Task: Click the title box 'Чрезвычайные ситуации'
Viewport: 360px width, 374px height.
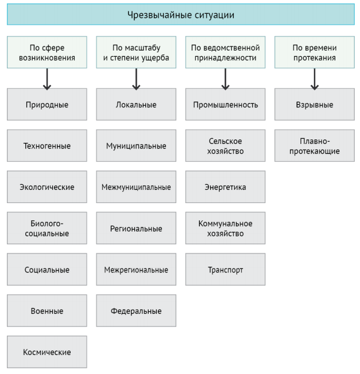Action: [x=181, y=14]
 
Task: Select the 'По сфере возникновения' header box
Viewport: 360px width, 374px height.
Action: [x=47, y=52]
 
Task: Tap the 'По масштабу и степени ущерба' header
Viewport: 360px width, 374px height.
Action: [x=136, y=52]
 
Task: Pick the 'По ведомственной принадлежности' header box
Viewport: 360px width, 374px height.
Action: [x=225, y=52]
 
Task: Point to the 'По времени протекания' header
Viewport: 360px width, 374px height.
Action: [x=315, y=52]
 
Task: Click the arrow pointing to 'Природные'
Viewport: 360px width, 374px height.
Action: [x=47, y=79]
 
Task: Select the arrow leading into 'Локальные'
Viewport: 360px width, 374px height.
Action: [x=136, y=79]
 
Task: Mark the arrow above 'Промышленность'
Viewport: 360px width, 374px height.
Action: [x=225, y=79]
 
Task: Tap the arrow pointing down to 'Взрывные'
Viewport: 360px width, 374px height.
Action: [x=315, y=79]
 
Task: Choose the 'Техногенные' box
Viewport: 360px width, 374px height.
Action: [x=47, y=146]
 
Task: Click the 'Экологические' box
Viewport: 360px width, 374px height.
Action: [x=47, y=187]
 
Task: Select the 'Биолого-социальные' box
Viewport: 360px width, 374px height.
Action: [x=47, y=228]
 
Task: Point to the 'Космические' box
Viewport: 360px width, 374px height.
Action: [x=47, y=352]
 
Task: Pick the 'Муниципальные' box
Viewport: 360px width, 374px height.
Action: [x=136, y=146]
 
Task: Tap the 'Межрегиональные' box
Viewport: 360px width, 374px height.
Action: [x=136, y=270]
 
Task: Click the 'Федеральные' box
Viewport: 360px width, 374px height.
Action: [x=136, y=311]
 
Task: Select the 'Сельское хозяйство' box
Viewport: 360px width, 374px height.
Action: [x=225, y=146]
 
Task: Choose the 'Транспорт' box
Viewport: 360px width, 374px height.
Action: [x=225, y=270]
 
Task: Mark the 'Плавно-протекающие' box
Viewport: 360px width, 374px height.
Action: [x=315, y=146]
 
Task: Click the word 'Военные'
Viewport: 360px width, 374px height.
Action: [x=47, y=311]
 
